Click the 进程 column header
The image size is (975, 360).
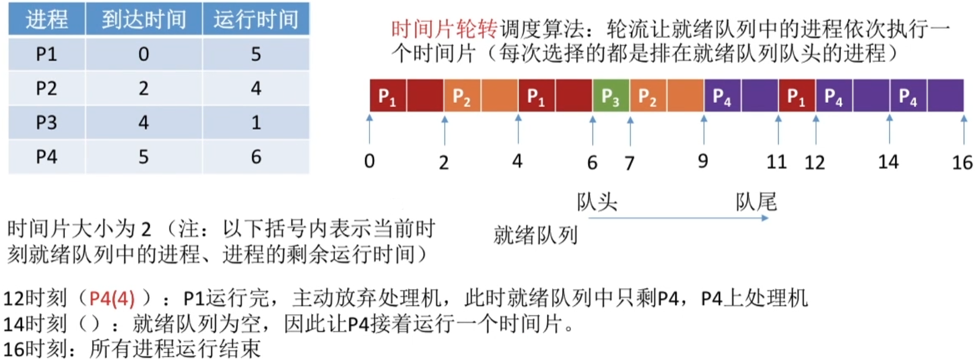[46, 20]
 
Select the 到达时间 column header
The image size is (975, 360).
[143, 20]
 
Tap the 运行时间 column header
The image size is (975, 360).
[256, 20]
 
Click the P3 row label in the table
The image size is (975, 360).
[46, 123]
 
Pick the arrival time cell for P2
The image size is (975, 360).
[143, 89]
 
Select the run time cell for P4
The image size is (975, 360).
[256, 157]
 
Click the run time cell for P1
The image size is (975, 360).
[256, 54]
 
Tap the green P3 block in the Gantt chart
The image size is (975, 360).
[611, 96]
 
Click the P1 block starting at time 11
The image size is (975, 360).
[797, 96]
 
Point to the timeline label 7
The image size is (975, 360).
[629, 162]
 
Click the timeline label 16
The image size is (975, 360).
[962, 162]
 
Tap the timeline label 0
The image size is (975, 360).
[369, 161]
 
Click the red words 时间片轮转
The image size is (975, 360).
[444, 29]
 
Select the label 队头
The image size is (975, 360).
[597, 202]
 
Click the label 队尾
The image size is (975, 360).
[756, 202]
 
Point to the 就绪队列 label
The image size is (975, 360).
[535, 235]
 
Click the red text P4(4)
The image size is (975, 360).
[112, 298]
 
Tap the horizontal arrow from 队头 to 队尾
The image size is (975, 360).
[678, 218]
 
